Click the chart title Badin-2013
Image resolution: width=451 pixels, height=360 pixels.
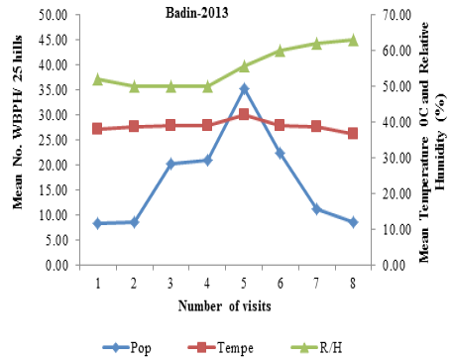(196, 13)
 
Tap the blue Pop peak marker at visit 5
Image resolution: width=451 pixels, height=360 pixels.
(244, 88)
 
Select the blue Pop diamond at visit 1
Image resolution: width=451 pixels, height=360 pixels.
(97, 223)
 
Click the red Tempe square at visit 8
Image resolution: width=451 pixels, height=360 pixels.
(353, 133)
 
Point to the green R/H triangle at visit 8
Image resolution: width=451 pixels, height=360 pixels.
(353, 40)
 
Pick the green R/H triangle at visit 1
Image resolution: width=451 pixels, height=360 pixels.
(97, 79)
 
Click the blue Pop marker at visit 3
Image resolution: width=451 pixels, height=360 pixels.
(170, 164)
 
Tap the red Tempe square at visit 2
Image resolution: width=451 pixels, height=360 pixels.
(134, 126)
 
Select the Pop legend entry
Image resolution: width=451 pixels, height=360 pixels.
(127, 347)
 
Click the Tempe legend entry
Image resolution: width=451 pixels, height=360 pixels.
(220, 347)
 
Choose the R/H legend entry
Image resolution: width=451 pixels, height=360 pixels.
(316, 347)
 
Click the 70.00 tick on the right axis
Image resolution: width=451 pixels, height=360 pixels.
(396, 15)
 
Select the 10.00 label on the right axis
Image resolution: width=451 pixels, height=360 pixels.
(396, 229)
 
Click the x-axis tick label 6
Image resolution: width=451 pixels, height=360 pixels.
(281, 284)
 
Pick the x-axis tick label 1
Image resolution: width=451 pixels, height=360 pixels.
(98, 284)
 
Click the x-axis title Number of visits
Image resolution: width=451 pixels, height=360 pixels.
(225, 305)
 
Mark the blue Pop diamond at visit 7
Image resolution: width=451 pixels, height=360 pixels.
(316, 209)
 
